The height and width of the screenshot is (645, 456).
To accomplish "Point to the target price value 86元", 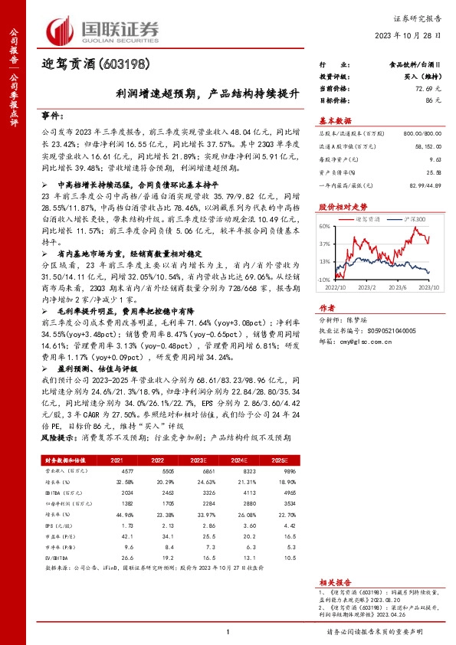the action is [435, 100].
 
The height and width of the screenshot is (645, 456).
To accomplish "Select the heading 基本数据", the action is [334, 121].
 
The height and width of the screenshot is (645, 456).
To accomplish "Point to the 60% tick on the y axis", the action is [325, 227].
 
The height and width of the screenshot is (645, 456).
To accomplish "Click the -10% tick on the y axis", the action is [324, 280].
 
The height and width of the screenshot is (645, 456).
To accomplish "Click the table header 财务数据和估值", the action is [61, 460].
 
